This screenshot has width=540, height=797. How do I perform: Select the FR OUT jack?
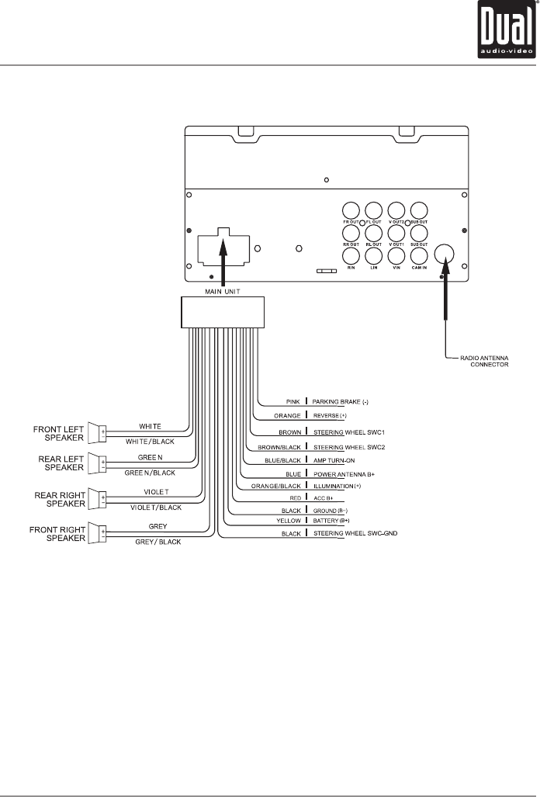[351, 210]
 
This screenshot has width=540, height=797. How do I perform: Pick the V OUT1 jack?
[396, 232]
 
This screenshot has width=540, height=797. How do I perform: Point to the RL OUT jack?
[373, 232]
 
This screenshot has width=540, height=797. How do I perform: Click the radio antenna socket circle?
[445, 254]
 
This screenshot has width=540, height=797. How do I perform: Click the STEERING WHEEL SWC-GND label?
[355, 535]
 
